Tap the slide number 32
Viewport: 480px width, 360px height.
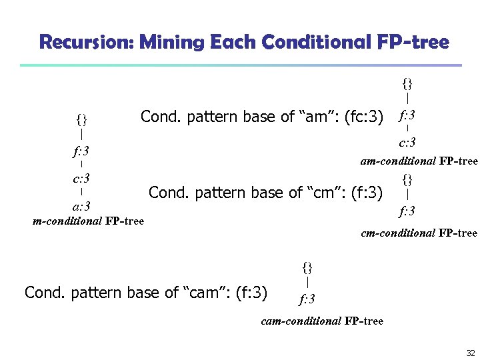(470, 353)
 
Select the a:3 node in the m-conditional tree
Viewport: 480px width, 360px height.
(81, 206)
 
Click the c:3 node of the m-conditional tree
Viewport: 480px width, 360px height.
(81, 179)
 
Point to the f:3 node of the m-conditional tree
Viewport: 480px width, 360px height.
(81, 151)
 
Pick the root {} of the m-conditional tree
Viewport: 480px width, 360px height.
(81, 120)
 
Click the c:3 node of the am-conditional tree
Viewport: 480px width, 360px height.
(407, 142)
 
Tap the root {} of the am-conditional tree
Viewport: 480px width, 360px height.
(407, 83)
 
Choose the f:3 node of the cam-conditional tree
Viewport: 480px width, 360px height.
(307, 298)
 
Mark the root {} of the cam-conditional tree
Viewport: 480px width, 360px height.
(307, 267)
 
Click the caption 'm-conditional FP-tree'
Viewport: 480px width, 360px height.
(88, 221)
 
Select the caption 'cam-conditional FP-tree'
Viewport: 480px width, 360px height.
(322, 321)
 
